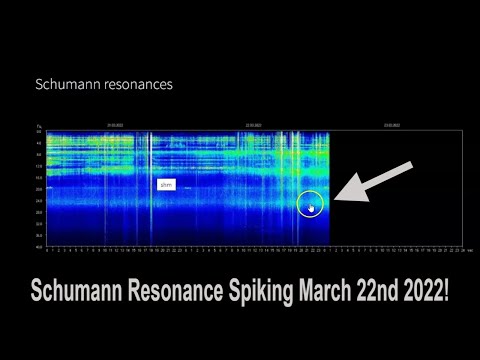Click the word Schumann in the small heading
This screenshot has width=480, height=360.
tap(67, 85)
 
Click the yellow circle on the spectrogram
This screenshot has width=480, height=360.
tap(312, 204)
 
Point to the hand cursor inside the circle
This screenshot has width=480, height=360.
tap(312, 208)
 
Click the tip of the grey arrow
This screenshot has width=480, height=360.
tap(336, 198)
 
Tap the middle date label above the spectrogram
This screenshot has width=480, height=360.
tap(254, 125)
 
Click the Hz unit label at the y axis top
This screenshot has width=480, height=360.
tap(39, 125)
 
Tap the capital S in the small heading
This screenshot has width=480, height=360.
tap(39, 85)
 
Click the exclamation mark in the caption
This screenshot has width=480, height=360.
tap(446, 294)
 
